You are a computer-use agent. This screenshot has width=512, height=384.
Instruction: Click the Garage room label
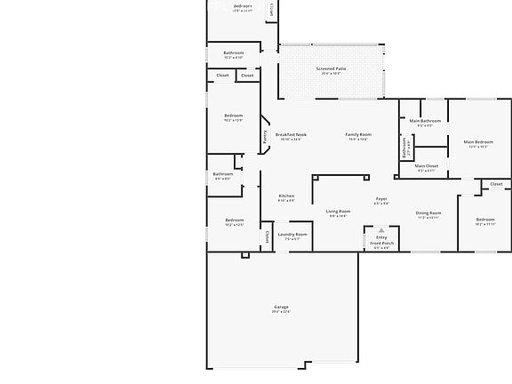pos(281,307)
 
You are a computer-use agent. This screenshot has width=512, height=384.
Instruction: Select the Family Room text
pos(358,134)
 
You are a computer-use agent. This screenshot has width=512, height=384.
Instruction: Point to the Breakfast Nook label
pos(291,134)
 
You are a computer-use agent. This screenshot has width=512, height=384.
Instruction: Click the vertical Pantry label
pos(265,137)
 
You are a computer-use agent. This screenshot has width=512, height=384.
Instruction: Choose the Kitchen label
pos(286,196)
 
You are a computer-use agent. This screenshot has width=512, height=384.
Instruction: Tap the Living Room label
pos(338,211)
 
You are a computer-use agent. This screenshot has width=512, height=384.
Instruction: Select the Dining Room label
pos(428,212)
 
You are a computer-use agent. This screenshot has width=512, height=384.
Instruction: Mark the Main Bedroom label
pos(478,142)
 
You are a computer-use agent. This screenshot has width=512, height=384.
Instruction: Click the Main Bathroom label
pos(425,121)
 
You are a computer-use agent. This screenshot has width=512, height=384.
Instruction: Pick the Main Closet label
pos(426,165)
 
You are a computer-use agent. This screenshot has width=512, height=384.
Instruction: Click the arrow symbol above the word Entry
pos(381,229)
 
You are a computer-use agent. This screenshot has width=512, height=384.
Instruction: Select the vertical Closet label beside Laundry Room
pos(268,236)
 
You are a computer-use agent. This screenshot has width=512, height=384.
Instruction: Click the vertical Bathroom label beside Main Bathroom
pos(404,148)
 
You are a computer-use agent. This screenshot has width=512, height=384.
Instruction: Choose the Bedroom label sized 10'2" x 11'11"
pos(484,220)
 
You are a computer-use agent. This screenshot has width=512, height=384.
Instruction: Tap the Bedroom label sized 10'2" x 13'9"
pos(233,116)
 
